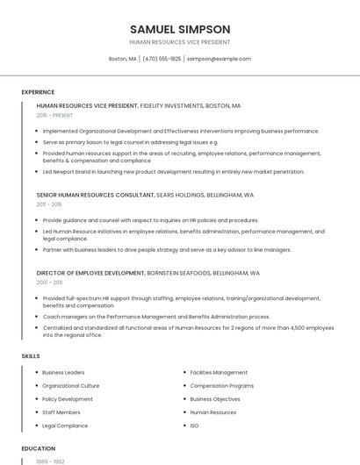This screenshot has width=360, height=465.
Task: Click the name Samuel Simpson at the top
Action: pyautogui.click(x=179, y=29)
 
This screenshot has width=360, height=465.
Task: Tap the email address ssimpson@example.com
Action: pyautogui.click(x=218, y=59)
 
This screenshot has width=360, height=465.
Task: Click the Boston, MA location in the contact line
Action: pyautogui.click(x=122, y=59)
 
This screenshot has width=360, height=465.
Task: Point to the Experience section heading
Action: pyautogui.click(x=38, y=92)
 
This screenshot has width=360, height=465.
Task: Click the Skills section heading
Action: pyautogui.click(x=31, y=356)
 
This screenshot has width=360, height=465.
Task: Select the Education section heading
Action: pyautogui.click(x=38, y=448)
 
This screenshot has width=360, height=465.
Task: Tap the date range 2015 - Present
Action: pyautogui.click(x=55, y=115)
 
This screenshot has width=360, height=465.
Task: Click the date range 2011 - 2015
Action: pyautogui.click(x=49, y=204)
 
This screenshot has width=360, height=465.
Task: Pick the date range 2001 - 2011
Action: pyautogui.click(x=49, y=283)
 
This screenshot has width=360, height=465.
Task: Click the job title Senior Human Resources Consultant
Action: pyautogui.click(x=86, y=195)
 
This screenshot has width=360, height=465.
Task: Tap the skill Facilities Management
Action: pyautogui.click(x=219, y=373)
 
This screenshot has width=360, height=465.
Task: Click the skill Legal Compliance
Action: pyautogui.click(x=65, y=426)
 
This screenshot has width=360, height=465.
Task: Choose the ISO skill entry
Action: pyautogui.click(x=194, y=426)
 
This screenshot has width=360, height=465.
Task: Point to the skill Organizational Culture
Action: pyautogui.click(x=70, y=386)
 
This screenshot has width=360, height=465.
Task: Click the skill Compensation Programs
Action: pyautogui.click(x=221, y=386)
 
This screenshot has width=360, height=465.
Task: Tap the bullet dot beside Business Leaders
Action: pyautogui.click(x=36, y=373)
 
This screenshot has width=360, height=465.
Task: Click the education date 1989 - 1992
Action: pyautogui.click(x=49, y=461)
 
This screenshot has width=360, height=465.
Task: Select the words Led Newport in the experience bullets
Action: pyautogui.click(x=59, y=172)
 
